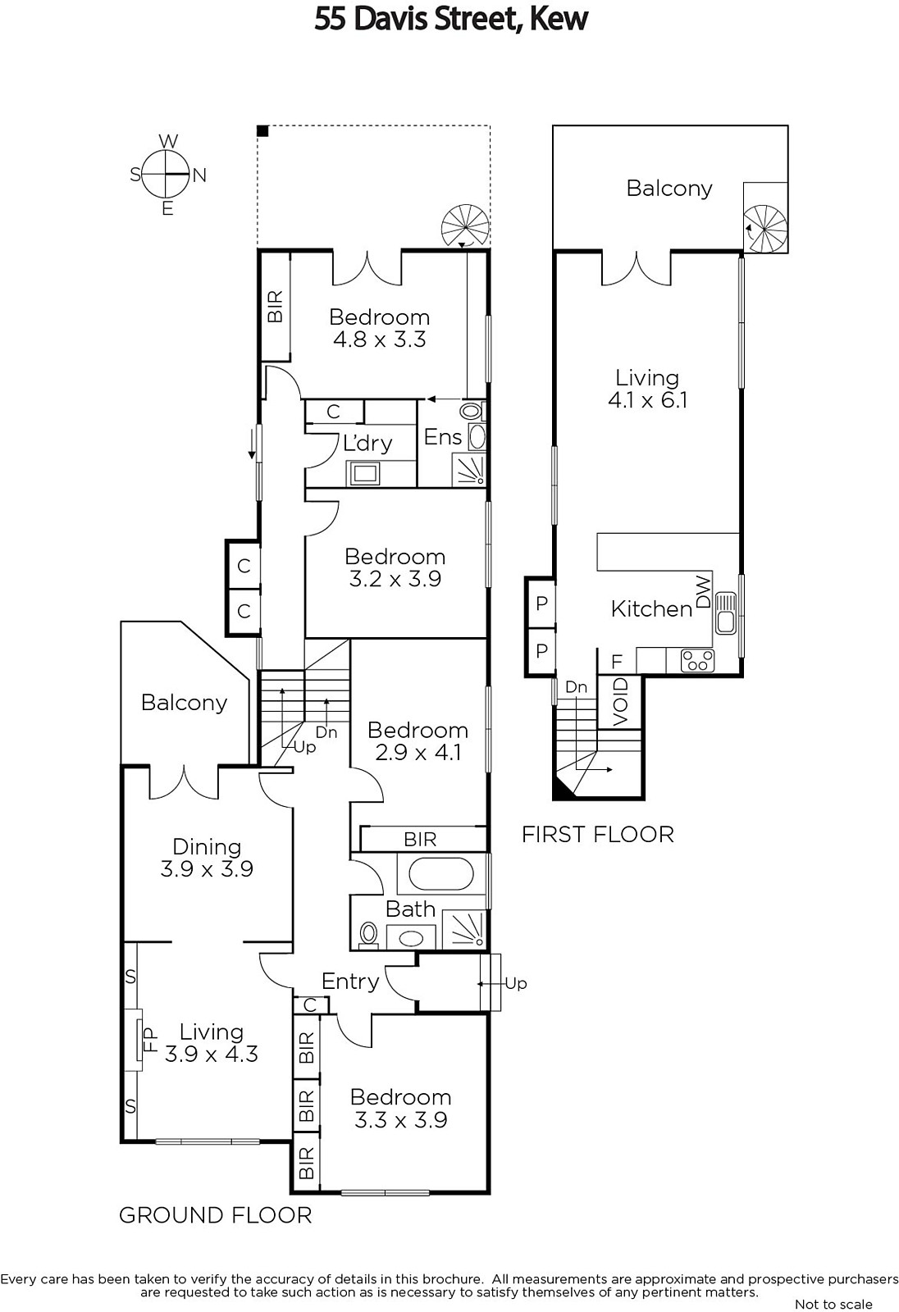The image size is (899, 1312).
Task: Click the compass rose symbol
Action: pyautogui.click(x=167, y=175)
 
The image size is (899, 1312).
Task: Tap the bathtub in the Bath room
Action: pyautogui.click(x=440, y=875)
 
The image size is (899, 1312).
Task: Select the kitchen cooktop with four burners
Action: pyautogui.click(x=697, y=661)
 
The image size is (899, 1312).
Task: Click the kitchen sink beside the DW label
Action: pyautogui.click(x=726, y=613)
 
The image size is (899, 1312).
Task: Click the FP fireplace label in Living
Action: pyautogui.click(x=150, y=1041)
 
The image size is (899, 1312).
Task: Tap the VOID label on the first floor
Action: pyautogui.click(x=620, y=702)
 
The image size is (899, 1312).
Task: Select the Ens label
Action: pyautogui.click(x=442, y=437)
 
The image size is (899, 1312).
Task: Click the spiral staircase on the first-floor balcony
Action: pyautogui.click(x=765, y=229)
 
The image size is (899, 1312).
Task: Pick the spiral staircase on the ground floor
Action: pyautogui.click(x=465, y=226)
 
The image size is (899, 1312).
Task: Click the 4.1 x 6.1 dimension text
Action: pyautogui.click(x=647, y=400)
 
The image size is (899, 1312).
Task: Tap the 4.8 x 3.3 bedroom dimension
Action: pyautogui.click(x=379, y=339)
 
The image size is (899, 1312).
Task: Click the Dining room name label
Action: pyautogui.click(x=207, y=847)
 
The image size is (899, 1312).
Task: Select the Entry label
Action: pyautogui.click(x=350, y=981)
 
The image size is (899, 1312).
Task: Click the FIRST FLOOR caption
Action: pyautogui.click(x=598, y=835)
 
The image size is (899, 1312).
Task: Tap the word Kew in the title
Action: pyautogui.click(x=559, y=19)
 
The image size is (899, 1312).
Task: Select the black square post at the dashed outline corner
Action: pyautogui.click(x=262, y=131)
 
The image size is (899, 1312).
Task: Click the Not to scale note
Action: pyautogui.click(x=833, y=1305)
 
